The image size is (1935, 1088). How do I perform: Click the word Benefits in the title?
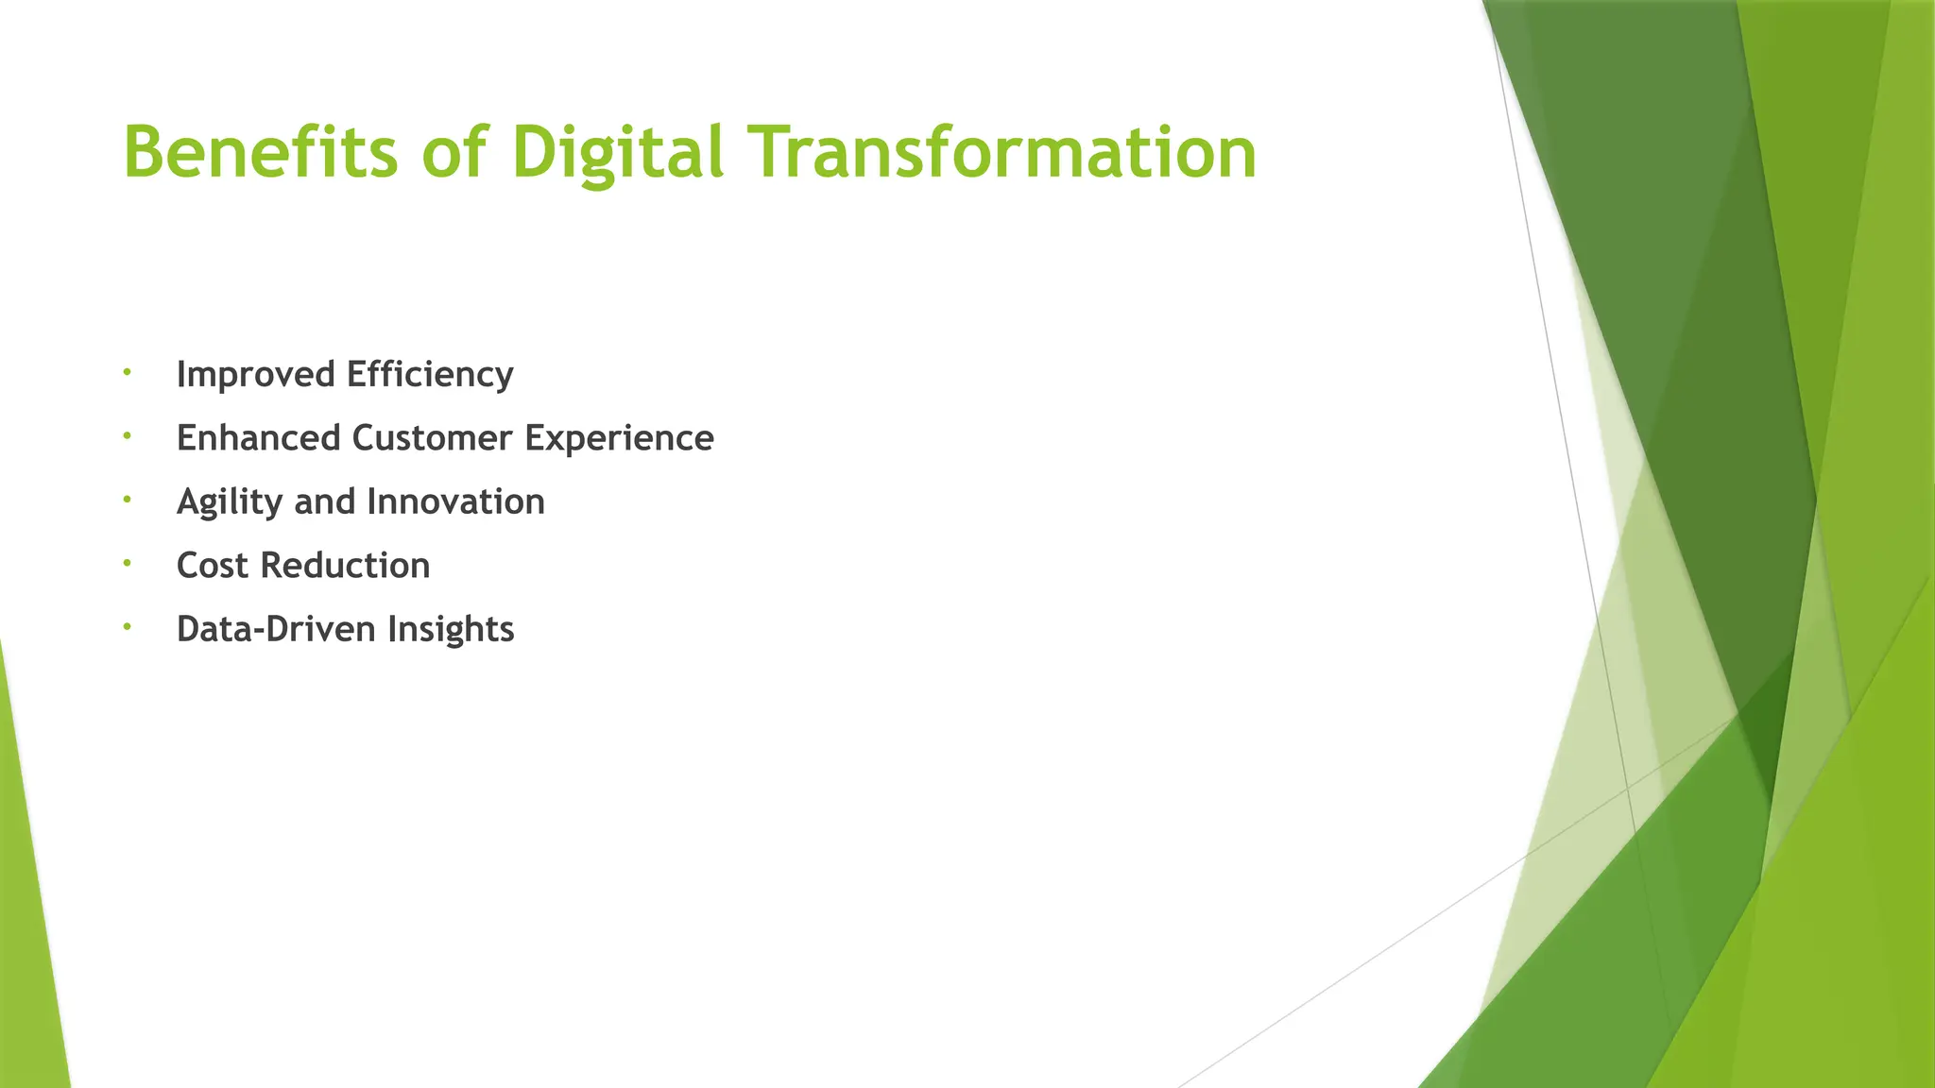click(x=261, y=152)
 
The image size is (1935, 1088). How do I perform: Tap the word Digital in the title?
click(x=617, y=152)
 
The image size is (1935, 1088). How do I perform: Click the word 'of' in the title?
click(x=454, y=152)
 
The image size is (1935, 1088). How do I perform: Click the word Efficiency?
click(x=430, y=375)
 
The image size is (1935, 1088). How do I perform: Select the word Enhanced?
click(x=258, y=438)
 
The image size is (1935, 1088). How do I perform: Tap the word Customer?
click(x=432, y=438)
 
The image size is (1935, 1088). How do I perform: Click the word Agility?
click(x=230, y=502)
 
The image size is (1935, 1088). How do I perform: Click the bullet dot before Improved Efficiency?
click(x=126, y=372)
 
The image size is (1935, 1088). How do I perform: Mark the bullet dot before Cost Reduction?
click(x=126, y=563)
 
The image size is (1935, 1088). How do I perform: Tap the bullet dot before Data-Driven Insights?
click(x=126, y=626)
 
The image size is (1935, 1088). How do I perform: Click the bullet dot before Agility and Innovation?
click(x=126, y=499)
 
